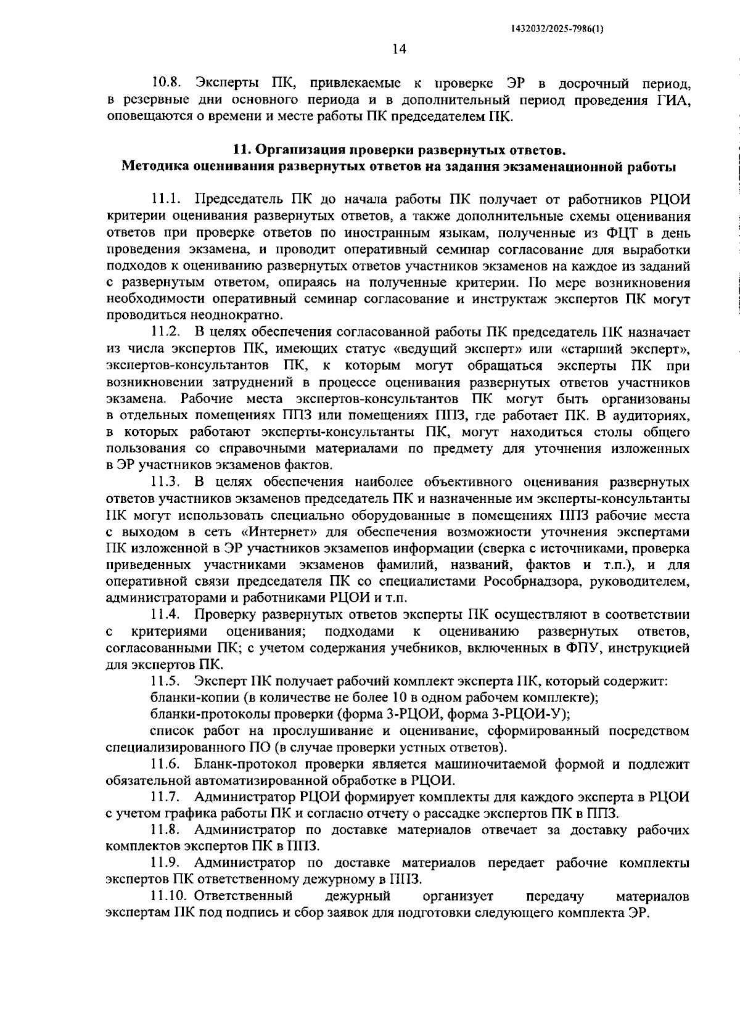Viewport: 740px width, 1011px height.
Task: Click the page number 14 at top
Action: (x=398, y=49)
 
